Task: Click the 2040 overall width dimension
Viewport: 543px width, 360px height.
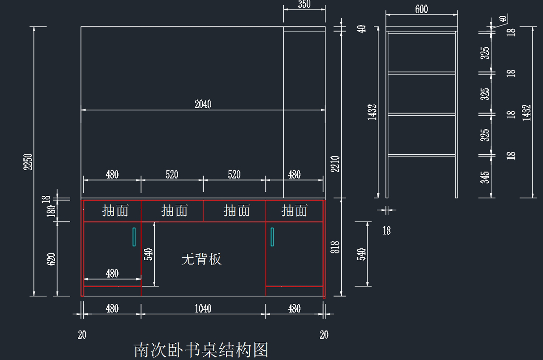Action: tap(203, 104)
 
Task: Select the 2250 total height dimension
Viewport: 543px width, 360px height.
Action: tap(28, 162)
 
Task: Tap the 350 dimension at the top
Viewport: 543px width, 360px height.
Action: tap(304, 4)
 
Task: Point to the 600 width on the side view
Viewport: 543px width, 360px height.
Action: tap(422, 9)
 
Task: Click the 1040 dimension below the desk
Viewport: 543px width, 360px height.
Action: tap(203, 308)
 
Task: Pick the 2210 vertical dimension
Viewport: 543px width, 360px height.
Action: tap(335, 164)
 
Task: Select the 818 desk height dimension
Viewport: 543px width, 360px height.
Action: tap(335, 247)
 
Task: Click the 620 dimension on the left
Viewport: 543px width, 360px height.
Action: tap(51, 259)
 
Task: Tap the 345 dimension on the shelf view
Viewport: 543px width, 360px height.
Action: tap(485, 177)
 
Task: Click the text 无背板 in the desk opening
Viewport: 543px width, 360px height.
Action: tap(201, 259)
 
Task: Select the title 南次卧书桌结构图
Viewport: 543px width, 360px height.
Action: tap(201, 350)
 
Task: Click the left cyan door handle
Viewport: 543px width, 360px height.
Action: tap(134, 237)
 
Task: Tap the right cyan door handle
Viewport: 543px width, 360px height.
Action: tap(272, 237)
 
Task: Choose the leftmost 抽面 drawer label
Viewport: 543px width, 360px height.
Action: tap(115, 210)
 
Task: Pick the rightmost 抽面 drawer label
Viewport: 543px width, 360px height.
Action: tap(294, 210)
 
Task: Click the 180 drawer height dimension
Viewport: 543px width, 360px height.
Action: tap(51, 211)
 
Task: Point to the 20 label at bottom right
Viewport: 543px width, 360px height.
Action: tap(324, 335)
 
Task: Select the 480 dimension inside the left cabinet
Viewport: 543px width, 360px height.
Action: tap(112, 274)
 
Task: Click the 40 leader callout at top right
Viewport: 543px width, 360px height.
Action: tap(503, 19)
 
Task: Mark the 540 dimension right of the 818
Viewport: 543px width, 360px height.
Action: tap(361, 254)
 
